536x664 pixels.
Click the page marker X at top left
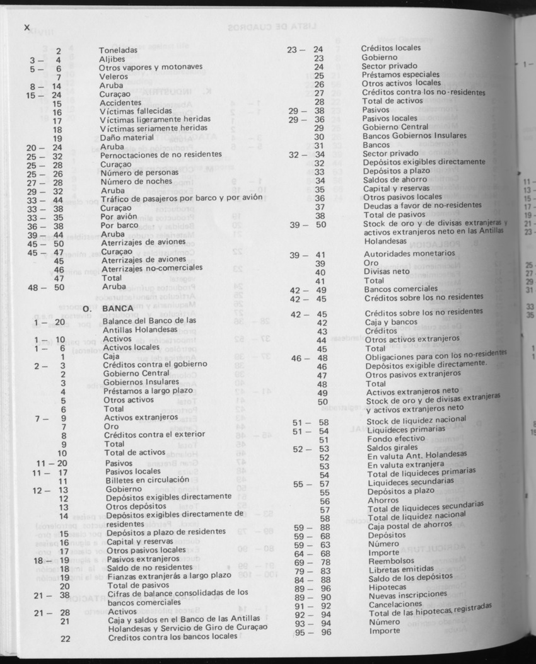[26, 27]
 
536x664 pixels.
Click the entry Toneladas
[118, 50]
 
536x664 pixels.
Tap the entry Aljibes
[112, 59]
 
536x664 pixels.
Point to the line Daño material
[126, 138]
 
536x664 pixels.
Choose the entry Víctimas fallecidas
[136, 111]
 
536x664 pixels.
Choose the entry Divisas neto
[385, 272]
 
